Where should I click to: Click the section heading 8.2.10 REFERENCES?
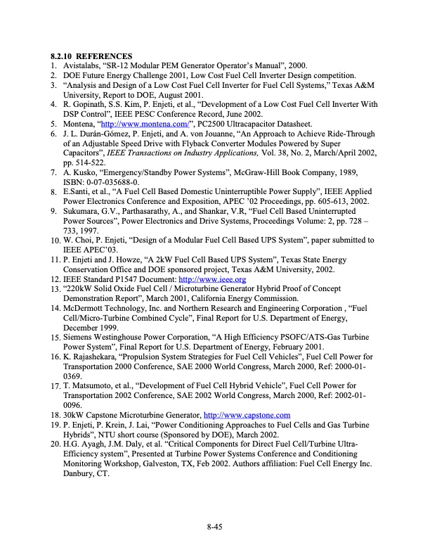coord(91,56)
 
